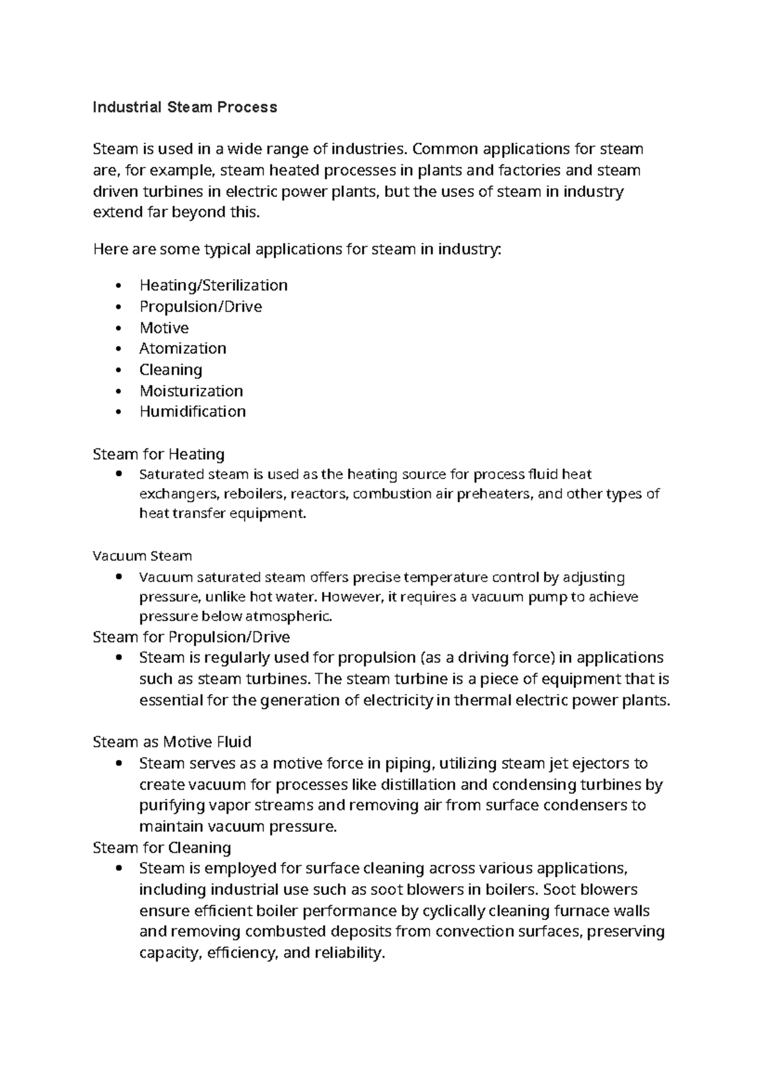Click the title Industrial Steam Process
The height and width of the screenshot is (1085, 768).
click(x=184, y=107)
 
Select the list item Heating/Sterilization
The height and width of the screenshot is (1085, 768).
click(x=213, y=285)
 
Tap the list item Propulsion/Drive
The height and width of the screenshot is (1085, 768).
click(x=200, y=306)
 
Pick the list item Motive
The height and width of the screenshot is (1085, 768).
click(x=164, y=328)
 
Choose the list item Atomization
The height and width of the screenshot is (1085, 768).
click(x=182, y=349)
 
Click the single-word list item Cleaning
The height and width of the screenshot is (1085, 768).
click(x=170, y=370)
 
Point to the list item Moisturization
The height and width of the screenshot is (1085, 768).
click(x=191, y=391)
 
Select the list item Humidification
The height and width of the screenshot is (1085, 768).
click(x=192, y=411)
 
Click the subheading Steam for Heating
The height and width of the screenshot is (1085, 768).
click(x=158, y=454)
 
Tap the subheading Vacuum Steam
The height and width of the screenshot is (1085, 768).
click(x=142, y=556)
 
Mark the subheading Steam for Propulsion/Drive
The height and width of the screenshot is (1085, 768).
click(x=191, y=637)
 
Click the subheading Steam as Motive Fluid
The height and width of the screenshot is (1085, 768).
click(x=172, y=742)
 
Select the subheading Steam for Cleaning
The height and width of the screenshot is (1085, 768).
click(x=161, y=848)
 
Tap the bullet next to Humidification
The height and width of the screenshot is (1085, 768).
click(x=118, y=412)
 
